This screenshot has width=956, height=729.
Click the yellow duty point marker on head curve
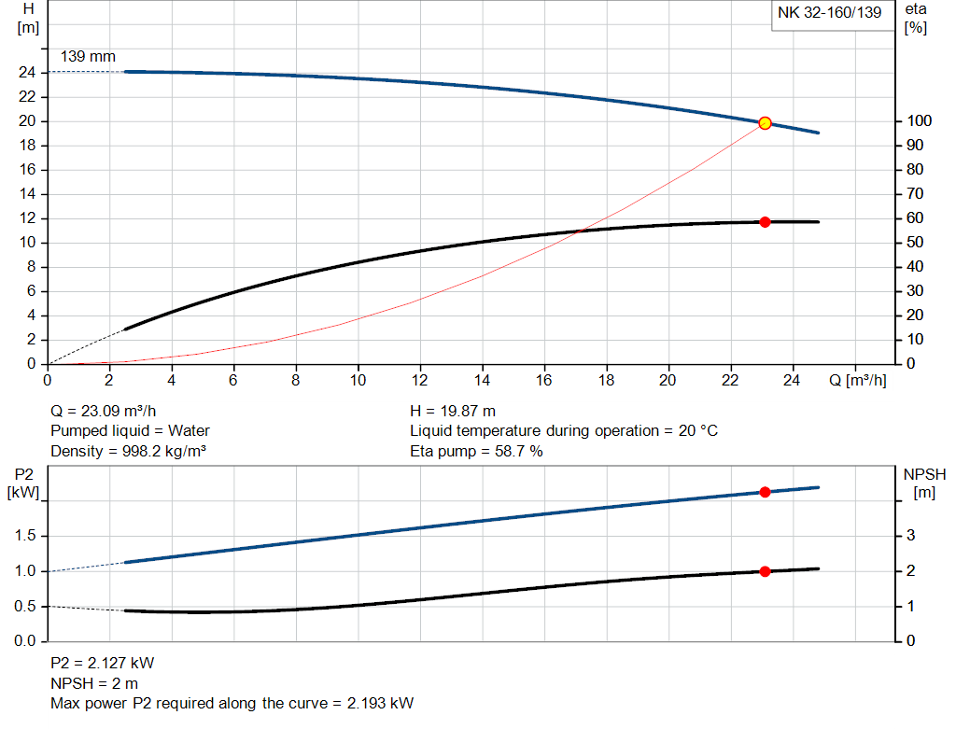(765, 123)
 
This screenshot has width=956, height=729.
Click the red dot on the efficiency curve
(765, 222)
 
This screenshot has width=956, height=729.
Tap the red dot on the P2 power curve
(765, 492)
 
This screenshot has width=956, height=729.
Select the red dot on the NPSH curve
(765, 571)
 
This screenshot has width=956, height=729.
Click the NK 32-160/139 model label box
(829, 14)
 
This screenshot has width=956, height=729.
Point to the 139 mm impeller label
(88, 57)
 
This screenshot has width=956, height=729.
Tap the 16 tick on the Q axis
(544, 380)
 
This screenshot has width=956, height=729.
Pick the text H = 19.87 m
(453, 411)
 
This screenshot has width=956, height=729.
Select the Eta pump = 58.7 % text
(476, 452)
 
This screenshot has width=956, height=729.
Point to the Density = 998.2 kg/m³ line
(128, 452)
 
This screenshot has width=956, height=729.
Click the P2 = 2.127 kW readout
(102, 664)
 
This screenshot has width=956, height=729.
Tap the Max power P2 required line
(232, 703)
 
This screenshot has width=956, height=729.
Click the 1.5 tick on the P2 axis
(27, 536)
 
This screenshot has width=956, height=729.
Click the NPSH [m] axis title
(924, 483)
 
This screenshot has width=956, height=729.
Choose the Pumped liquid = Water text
(130, 431)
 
